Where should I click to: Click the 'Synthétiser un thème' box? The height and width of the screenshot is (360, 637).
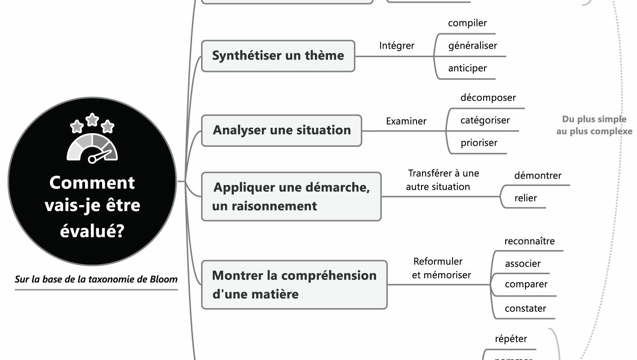tap(278, 56)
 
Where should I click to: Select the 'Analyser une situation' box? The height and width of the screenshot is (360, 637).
tap(282, 130)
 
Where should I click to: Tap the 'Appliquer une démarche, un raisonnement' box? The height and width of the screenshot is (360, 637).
tap(291, 197)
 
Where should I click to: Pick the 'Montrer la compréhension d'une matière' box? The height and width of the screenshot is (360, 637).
tap(294, 284)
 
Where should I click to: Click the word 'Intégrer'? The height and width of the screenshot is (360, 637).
tap(397, 45)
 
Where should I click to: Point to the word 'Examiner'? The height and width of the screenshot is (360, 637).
tap(406, 121)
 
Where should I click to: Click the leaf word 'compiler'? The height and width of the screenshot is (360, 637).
tap(467, 23)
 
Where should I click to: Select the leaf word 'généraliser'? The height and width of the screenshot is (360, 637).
tap(472, 45)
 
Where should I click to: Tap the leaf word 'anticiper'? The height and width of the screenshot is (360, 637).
tap(467, 68)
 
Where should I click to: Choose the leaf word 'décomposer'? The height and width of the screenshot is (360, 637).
tap(488, 98)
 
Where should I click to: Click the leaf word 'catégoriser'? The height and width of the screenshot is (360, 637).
tap(485, 120)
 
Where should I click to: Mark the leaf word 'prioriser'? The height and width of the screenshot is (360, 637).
tap(479, 143)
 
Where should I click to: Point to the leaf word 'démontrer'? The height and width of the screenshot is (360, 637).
tap(538, 175)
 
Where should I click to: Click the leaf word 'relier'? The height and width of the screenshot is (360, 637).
tap(525, 198)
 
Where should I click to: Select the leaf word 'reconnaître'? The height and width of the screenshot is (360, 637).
tap(529, 241)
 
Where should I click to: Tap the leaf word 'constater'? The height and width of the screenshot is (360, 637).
tap(525, 309)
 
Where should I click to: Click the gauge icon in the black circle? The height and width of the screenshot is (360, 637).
tap(92, 148)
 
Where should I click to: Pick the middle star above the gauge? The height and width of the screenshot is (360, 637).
tap(92, 119)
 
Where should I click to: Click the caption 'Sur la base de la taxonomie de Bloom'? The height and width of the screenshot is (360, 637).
tap(96, 279)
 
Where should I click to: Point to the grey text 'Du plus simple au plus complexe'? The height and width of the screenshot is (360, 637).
tap(594, 126)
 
